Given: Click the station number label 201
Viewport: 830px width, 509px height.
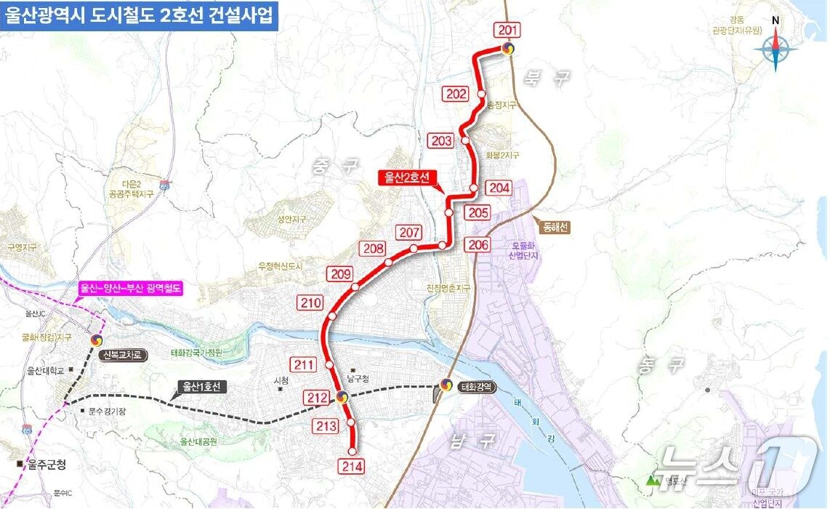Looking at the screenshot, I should [x=508, y=30].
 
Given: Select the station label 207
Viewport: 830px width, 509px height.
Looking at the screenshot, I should [x=410, y=233].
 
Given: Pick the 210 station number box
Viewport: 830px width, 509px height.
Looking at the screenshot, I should [x=310, y=302].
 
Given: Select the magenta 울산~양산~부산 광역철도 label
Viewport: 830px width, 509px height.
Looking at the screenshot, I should [x=132, y=288].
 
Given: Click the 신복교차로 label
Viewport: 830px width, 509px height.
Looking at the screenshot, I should [x=125, y=356].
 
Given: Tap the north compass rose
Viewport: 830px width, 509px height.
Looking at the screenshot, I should [x=775, y=48].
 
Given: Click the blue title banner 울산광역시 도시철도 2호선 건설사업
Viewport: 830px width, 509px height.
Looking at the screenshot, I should [x=139, y=14].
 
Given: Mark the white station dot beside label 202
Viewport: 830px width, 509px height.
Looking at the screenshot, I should [x=482, y=94].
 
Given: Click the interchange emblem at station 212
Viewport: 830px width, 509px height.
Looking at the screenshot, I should [x=342, y=397].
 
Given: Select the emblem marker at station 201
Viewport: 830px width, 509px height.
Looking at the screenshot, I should [x=508, y=49].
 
